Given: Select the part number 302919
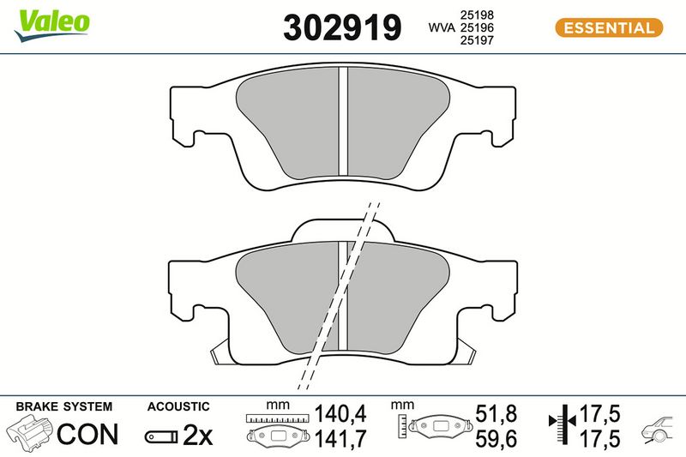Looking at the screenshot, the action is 342,27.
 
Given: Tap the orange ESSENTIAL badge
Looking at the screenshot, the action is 609,28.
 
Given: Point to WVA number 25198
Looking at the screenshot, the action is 477,15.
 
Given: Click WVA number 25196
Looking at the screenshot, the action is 477,27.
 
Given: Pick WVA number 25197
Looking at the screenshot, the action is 477,40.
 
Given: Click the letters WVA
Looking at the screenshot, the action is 442,27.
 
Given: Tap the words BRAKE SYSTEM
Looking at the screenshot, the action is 63,406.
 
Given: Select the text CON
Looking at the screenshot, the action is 87,434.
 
